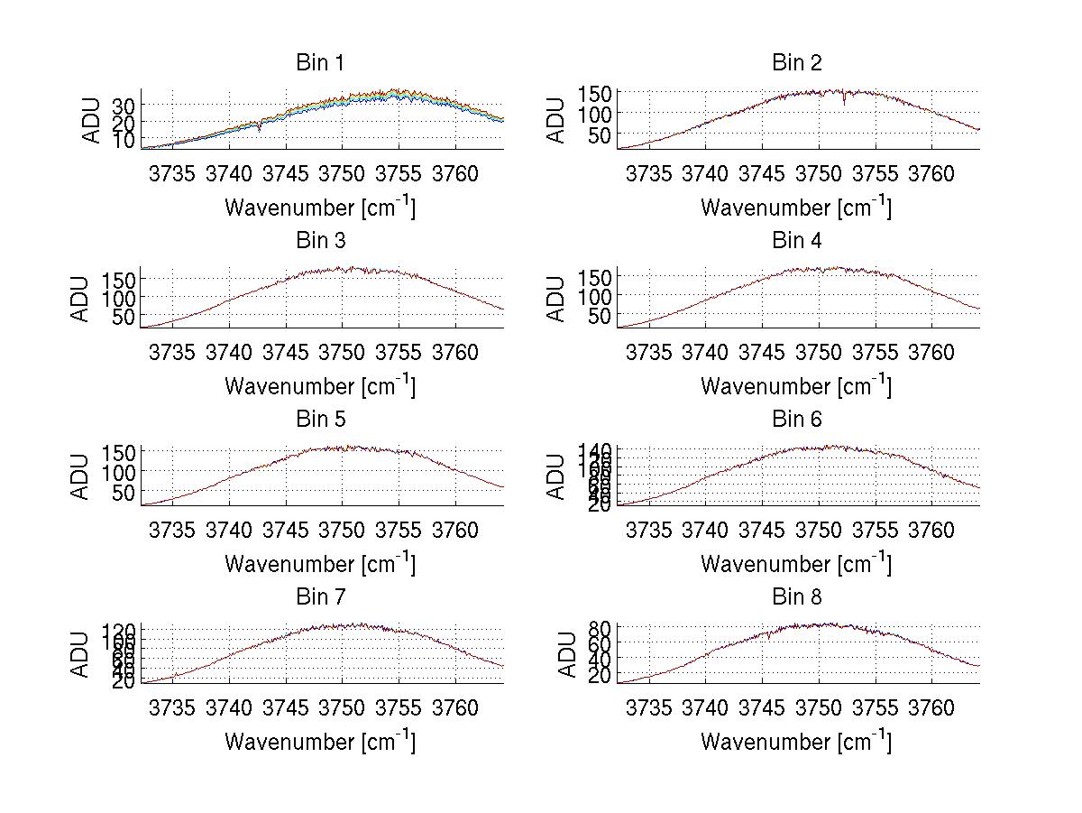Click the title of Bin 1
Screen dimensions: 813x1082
(x=320, y=63)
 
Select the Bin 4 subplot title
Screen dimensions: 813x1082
(x=797, y=241)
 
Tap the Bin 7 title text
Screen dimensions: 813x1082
(x=320, y=597)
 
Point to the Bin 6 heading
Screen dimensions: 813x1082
(x=797, y=420)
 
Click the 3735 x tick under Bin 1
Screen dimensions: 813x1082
(x=172, y=173)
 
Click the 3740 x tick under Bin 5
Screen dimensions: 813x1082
(x=229, y=530)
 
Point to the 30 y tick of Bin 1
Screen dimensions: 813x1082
(x=124, y=106)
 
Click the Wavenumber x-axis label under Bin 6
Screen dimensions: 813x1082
(x=796, y=564)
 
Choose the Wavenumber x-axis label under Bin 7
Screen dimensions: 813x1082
(x=320, y=742)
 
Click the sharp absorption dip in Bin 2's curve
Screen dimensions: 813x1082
(x=845, y=103)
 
